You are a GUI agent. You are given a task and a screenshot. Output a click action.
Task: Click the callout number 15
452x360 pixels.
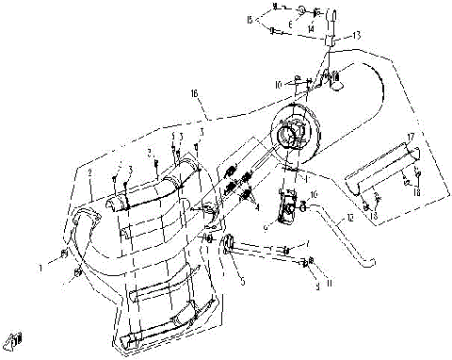tap(250, 19)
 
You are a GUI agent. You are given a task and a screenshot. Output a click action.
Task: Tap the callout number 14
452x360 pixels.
tap(310, 29)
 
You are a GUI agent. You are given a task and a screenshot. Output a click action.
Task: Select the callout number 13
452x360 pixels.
tap(357, 35)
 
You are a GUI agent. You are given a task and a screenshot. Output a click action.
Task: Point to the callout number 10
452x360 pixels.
tap(279, 85)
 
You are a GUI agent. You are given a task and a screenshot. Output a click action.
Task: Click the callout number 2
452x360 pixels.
tap(89, 173)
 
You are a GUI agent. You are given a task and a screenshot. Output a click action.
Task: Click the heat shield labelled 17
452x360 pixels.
tap(382, 166)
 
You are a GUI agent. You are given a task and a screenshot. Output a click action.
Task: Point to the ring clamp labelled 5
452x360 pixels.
tap(230, 250)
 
